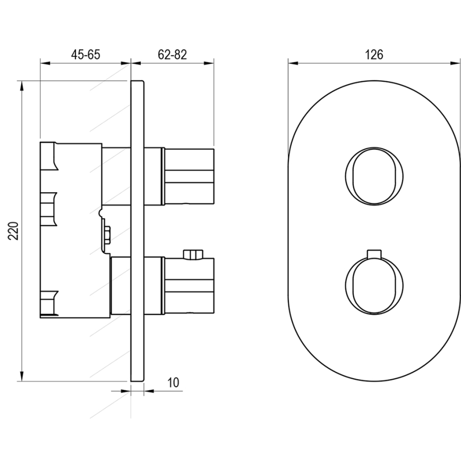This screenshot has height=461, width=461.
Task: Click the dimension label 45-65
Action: coord(86,54)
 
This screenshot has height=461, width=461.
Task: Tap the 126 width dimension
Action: coord(374,54)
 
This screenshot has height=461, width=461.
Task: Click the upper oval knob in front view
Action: coord(374,176)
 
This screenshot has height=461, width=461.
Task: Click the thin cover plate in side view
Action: coord(137,230)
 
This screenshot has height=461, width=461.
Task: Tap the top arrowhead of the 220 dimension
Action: coord(21,85)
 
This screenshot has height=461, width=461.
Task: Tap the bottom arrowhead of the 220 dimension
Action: coord(21,377)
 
